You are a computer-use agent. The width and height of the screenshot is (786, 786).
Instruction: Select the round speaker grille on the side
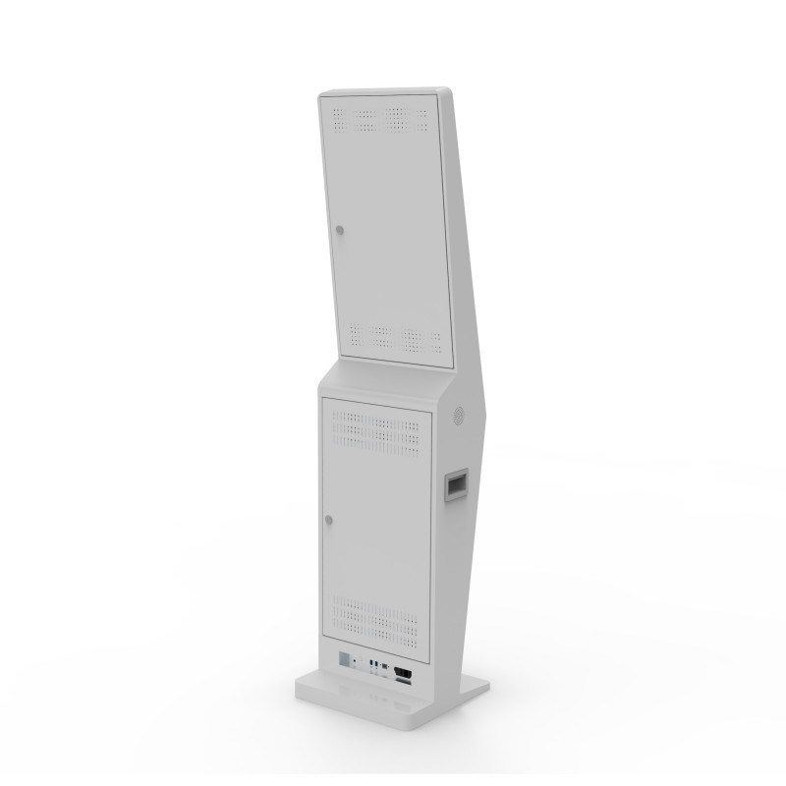[x=457, y=417]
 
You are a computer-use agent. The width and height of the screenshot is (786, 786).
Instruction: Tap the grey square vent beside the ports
[x=346, y=659]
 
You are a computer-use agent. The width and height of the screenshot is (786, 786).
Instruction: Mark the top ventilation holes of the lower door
[x=378, y=425]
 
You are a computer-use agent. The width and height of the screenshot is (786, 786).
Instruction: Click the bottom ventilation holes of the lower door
[x=378, y=609]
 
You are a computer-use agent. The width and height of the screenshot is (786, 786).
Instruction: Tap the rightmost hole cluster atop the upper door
[x=421, y=117]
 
